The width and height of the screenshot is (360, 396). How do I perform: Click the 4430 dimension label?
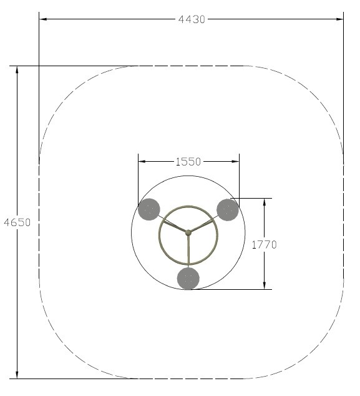click(192, 19)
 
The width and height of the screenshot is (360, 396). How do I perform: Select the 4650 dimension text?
click(17, 222)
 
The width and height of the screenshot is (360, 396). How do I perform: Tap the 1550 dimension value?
click(188, 162)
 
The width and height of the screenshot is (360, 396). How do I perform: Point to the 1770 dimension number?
click(265, 244)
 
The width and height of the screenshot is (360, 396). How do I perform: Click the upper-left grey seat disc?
click(149, 209)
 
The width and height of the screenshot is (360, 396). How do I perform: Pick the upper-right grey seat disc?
click(228, 210)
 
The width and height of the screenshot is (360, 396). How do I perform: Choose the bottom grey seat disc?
click(188, 279)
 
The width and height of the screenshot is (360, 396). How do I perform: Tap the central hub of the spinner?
click(188, 232)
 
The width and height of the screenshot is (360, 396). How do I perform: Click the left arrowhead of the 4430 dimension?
click(43, 19)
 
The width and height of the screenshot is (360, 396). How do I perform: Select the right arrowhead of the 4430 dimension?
click(339, 19)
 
